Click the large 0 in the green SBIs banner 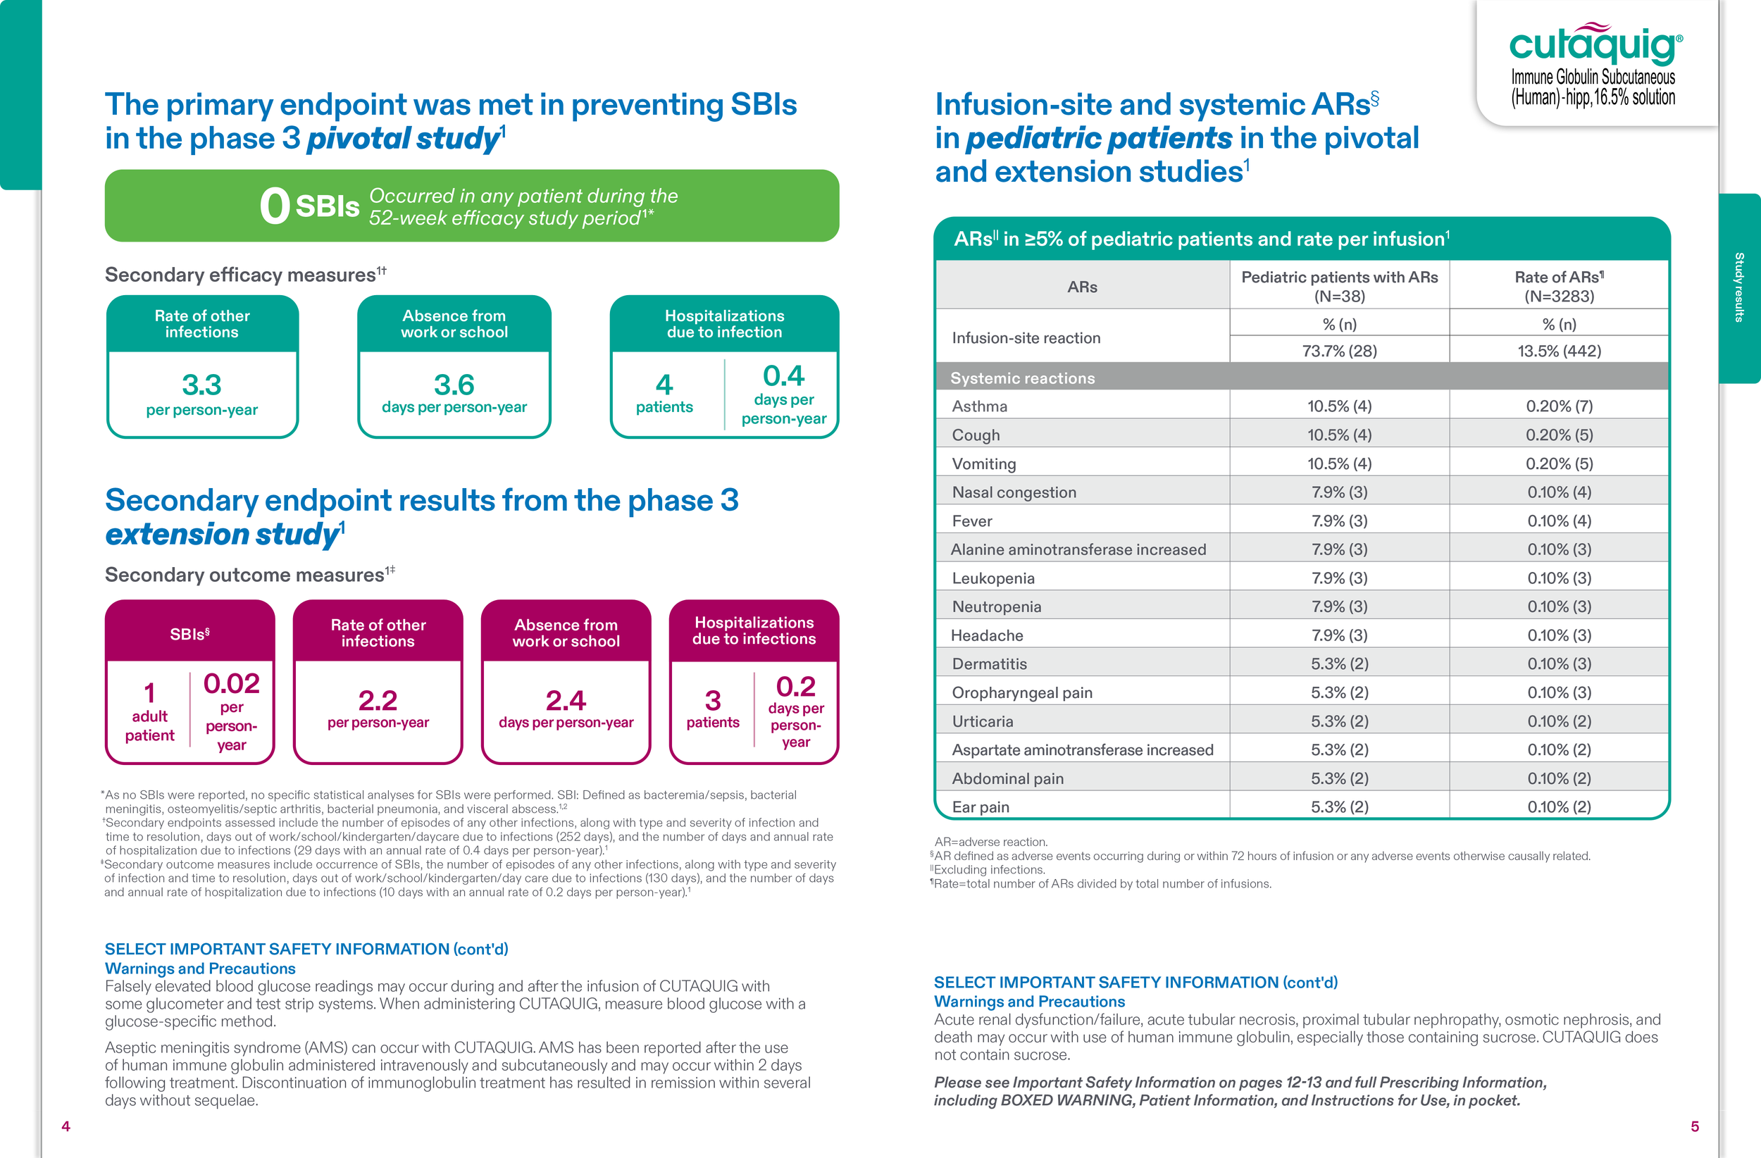coord(275,206)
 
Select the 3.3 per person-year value coord(201,385)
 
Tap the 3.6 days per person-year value coord(454,385)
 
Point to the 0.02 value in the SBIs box coord(232,683)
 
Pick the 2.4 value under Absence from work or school coord(566,700)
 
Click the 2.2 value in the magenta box coord(378,700)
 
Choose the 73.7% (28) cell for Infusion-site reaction coord(1339,351)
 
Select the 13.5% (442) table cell coord(1559,351)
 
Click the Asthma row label coord(979,406)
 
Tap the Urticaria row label coord(982,721)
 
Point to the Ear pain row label coord(981,807)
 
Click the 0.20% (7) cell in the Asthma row coord(1559,406)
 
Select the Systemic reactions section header coord(1022,378)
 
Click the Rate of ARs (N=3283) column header coord(1559,287)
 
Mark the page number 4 coord(66,1126)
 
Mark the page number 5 coord(1694,1126)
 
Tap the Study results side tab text coord(1738,287)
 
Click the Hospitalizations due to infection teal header coord(724,324)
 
